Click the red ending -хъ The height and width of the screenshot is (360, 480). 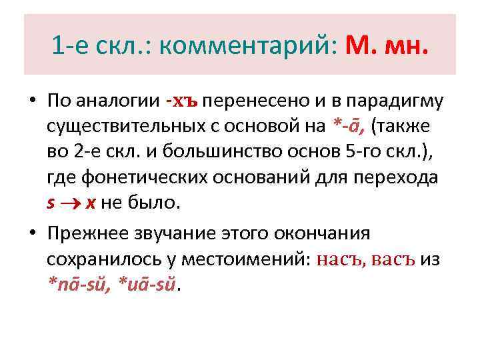coord(182,101)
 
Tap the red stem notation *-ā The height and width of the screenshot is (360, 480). coord(349,127)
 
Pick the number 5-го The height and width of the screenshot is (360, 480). coord(365,152)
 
